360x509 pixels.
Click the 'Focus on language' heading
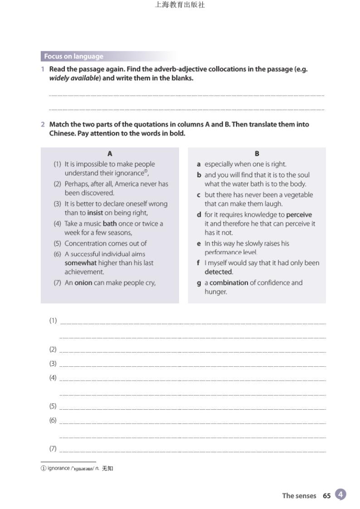[73, 57]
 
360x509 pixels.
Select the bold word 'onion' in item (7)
[83, 283]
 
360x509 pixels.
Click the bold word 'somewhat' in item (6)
[81, 263]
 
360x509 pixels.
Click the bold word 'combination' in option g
[229, 283]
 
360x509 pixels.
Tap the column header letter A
[110, 154]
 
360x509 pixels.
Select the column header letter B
[257, 154]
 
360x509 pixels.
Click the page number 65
[326, 496]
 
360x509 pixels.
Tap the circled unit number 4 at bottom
[341, 494]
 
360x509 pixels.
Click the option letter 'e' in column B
[199, 243]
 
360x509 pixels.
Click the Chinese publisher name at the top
[180, 5]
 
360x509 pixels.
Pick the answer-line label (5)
[53, 406]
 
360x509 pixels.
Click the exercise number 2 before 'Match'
[43, 124]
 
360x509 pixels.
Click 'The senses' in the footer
[299, 496]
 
